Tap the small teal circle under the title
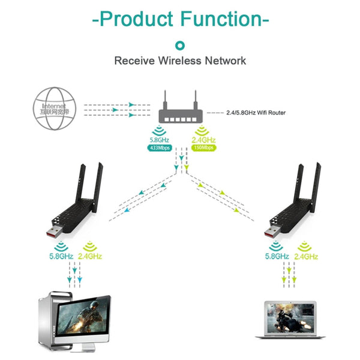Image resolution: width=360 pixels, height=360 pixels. click(180, 44)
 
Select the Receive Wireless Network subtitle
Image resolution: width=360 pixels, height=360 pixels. click(180, 61)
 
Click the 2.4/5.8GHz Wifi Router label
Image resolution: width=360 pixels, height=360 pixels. click(256, 112)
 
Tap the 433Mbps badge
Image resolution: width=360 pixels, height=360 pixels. click(159, 148)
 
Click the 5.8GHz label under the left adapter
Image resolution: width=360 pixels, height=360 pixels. click(62, 256)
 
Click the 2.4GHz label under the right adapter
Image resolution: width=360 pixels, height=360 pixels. click(306, 256)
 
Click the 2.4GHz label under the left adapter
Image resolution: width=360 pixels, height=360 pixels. click(90, 256)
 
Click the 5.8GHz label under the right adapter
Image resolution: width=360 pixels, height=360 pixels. click(277, 256)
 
